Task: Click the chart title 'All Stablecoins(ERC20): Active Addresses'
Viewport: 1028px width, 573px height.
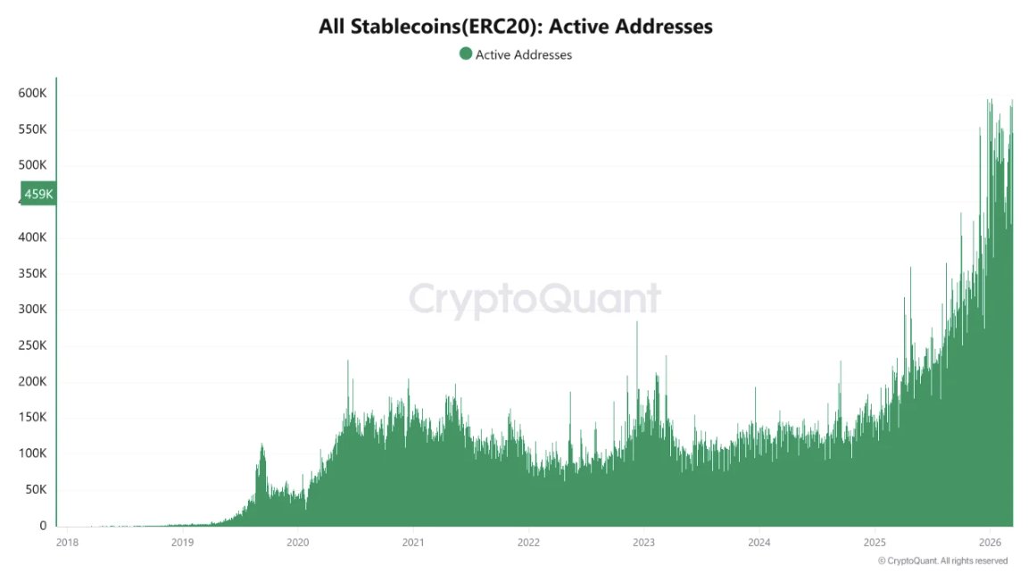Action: click(x=515, y=27)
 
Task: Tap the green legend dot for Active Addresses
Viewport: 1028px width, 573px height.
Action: click(x=465, y=54)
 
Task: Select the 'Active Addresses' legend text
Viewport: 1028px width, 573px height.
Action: click(x=523, y=54)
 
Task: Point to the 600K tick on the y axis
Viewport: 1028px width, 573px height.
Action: click(x=32, y=94)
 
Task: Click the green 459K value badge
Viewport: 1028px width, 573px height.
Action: click(x=38, y=194)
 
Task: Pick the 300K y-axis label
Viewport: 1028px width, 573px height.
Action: click(x=32, y=310)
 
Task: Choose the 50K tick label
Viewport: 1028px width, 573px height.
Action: click(x=36, y=490)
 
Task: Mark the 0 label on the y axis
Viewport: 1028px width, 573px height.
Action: click(x=42, y=527)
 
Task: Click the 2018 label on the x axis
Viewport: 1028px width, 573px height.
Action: click(x=67, y=542)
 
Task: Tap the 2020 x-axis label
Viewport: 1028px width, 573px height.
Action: click(x=298, y=542)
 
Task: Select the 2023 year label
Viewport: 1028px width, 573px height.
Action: click(x=643, y=542)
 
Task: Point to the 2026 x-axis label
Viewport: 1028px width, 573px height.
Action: click(x=990, y=542)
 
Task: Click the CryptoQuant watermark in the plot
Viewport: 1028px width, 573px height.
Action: click(x=535, y=299)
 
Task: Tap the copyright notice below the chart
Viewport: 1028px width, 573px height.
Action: click(x=942, y=561)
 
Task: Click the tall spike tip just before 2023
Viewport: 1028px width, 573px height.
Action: click(x=636, y=322)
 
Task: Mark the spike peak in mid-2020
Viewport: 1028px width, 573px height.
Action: click(x=347, y=361)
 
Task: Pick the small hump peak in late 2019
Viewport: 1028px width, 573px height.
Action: click(x=261, y=444)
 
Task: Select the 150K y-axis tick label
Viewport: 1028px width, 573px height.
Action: click(x=32, y=418)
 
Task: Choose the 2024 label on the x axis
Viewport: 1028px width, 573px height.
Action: click(x=759, y=542)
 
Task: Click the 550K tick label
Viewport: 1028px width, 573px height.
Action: click(x=32, y=129)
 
